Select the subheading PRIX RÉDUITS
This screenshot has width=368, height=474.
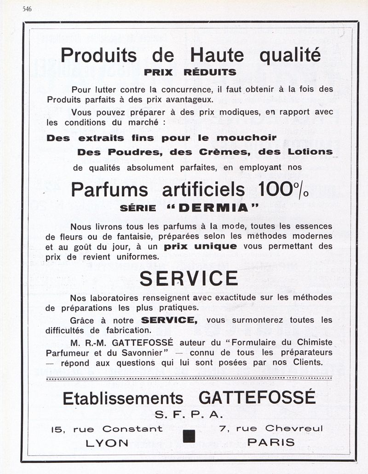[x=190, y=72]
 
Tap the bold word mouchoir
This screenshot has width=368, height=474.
[x=247, y=138]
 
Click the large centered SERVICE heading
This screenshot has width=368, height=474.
[x=189, y=278]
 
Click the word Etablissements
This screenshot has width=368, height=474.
[x=123, y=398]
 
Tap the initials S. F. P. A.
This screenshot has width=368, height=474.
[x=189, y=414]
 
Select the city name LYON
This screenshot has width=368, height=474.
[x=107, y=442]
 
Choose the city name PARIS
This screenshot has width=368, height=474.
[x=271, y=442]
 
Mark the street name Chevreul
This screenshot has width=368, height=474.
[x=294, y=429]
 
